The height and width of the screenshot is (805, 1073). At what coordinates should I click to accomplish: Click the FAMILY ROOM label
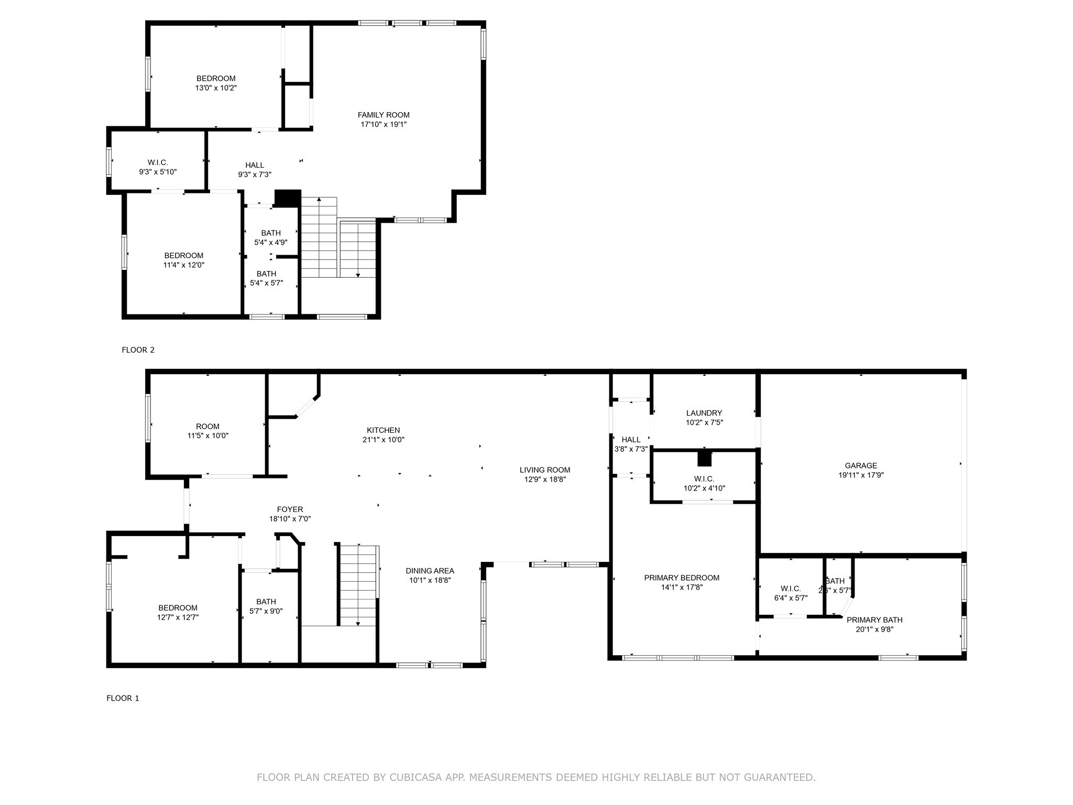384,115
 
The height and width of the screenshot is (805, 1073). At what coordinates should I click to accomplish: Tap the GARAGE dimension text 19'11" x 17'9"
861,475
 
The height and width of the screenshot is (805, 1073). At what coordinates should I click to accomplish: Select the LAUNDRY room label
704,413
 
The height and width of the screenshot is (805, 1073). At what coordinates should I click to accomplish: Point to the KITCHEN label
383,430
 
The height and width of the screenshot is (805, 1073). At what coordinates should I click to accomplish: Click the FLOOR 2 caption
138,350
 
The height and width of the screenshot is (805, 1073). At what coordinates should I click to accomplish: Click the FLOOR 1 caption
123,698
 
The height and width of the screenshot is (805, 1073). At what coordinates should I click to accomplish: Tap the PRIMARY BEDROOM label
682,578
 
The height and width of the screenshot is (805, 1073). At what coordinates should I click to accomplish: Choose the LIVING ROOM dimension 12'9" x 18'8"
545,480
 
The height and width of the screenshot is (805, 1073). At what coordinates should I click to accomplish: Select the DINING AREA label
430,571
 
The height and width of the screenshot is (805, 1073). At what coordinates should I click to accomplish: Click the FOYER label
290,509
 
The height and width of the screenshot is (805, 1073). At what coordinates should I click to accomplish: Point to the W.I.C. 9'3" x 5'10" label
158,162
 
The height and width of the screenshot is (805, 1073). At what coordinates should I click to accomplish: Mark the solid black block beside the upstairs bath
288,198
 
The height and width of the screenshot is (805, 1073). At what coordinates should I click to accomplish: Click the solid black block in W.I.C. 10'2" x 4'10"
705,459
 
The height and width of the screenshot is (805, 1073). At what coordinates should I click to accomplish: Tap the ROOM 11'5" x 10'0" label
207,427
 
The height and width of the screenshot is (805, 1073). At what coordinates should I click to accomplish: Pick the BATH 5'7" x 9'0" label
266,602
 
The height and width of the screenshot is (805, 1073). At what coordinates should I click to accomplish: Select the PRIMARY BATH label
874,620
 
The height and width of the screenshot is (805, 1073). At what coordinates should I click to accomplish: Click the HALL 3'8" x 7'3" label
631,440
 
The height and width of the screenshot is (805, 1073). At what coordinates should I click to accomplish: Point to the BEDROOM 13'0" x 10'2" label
216,79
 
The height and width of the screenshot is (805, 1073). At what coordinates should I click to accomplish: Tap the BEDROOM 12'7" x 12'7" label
178,608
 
